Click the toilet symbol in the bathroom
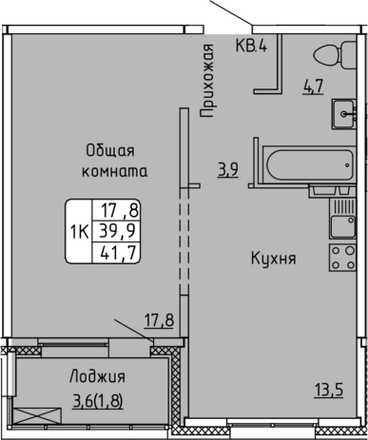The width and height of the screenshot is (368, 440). pyautogui.click(x=335, y=54)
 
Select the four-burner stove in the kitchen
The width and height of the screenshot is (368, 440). pyautogui.click(x=342, y=258)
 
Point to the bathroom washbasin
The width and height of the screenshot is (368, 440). pyautogui.click(x=344, y=114)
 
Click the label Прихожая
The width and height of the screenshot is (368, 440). pyautogui.click(x=207, y=81)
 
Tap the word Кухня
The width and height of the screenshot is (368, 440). pyautogui.click(x=274, y=258)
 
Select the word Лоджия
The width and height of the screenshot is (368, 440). pyautogui.click(x=98, y=377)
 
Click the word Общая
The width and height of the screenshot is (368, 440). pyautogui.click(x=110, y=151)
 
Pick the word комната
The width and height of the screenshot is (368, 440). pyautogui.click(x=115, y=171)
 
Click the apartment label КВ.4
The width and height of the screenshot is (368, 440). pyautogui.click(x=251, y=46)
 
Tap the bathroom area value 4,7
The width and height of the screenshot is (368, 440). pyautogui.click(x=313, y=86)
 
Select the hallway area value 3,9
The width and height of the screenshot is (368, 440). pyautogui.click(x=227, y=170)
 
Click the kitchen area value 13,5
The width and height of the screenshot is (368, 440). pyautogui.click(x=329, y=390)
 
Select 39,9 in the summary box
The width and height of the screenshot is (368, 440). pyautogui.click(x=117, y=231)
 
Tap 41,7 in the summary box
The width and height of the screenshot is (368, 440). pyautogui.click(x=118, y=253)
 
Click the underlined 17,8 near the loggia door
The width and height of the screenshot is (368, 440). pyautogui.click(x=160, y=320)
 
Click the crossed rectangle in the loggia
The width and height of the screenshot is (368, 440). pyautogui.click(x=37, y=416)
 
